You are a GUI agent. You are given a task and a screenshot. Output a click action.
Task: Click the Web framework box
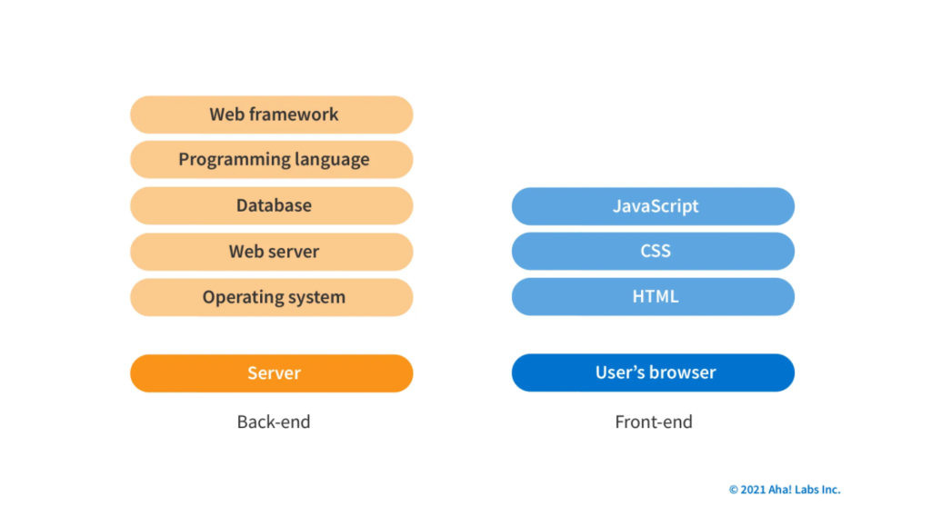272,114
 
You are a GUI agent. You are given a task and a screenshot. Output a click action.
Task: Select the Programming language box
272,160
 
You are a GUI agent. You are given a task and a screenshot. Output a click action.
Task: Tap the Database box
272,205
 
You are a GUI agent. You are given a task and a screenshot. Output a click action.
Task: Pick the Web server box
272,252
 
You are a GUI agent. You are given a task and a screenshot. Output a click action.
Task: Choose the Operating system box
272,297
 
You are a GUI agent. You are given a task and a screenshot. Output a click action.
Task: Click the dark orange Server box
272,373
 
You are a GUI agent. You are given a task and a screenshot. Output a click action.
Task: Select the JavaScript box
653,206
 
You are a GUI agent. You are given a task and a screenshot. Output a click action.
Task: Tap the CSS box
653,252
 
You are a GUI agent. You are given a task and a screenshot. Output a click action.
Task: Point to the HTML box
653,297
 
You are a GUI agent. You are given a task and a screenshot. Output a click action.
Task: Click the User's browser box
653,372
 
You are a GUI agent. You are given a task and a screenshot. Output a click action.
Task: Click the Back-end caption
274,422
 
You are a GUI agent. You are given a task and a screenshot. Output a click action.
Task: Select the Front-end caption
654,422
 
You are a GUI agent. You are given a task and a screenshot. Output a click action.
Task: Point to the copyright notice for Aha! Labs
785,490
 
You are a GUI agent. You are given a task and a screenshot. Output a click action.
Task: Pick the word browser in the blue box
683,372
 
